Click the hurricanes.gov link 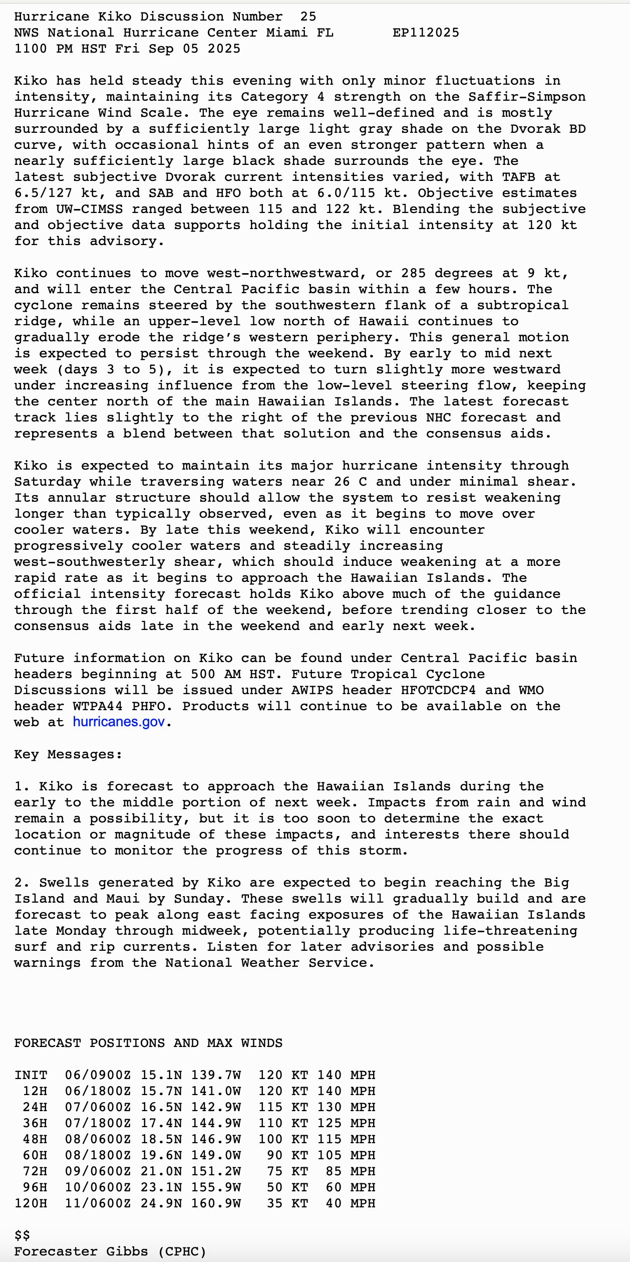[x=119, y=722]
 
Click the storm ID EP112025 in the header [x=426, y=33]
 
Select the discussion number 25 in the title [x=308, y=17]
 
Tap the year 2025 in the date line [x=224, y=49]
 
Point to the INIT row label [x=31, y=1075]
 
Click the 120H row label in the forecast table [x=31, y=1203]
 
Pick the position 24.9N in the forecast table [x=161, y=1203]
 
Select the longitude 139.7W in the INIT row [x=216, y=1075]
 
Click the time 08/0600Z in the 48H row [x=98, y=1139]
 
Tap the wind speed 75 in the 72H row [x=275, y=1171]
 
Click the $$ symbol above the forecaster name [x=22, y=1235]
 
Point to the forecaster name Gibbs [x=127, y=1251]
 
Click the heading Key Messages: [x=68, y=754]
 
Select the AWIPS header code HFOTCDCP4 [x=438, y=690]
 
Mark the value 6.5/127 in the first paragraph [x=43, y=193]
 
